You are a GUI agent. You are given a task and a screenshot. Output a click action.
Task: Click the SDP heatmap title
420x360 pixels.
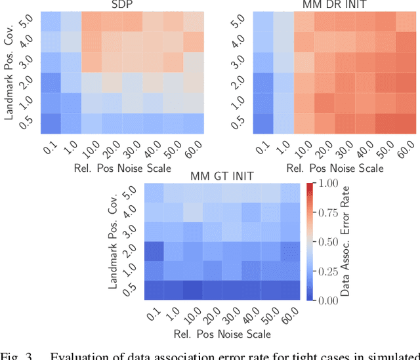pyautogui.click(x=119, y=5)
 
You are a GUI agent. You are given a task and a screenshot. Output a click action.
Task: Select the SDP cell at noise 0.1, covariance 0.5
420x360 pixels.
pyautogui.click(x=51, y=123)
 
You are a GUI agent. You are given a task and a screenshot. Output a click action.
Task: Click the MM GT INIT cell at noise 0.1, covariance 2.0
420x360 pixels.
pyautogui.click(x=155, y=251)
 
